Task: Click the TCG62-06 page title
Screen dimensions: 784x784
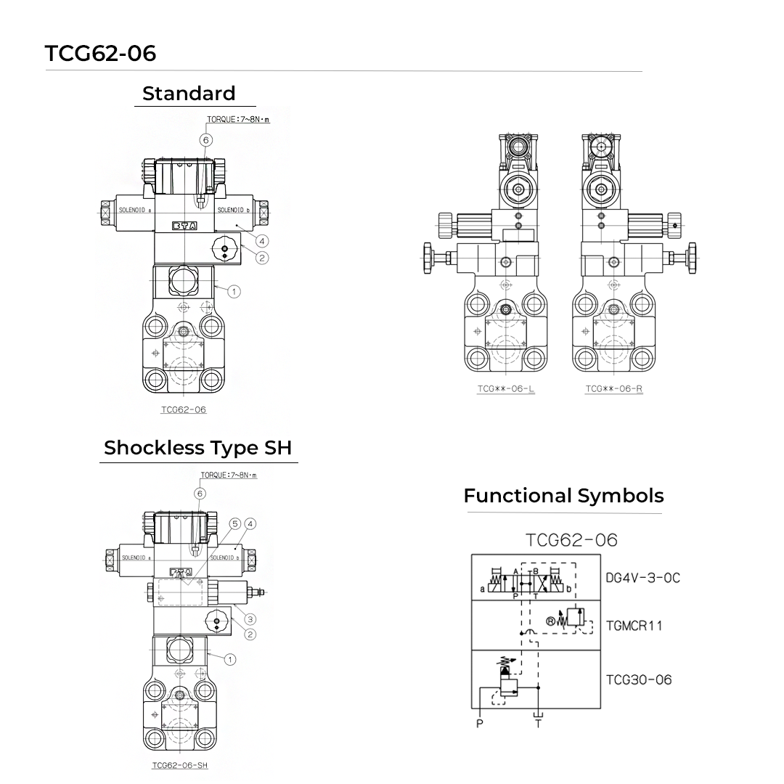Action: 100,53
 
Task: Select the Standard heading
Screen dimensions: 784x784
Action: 189,94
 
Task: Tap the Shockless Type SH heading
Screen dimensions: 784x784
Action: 198,448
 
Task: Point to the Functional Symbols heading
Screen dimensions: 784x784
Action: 563,496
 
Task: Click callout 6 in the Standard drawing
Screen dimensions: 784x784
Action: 206,139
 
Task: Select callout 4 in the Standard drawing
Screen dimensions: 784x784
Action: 262,240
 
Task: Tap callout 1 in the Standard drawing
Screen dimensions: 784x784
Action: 234,291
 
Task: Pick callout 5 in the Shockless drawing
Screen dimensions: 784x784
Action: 234,523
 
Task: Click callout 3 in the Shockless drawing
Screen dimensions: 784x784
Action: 250,619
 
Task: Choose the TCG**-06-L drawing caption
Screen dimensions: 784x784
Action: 506,389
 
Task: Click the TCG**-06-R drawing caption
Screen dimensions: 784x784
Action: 614,389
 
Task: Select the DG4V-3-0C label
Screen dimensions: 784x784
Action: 642,578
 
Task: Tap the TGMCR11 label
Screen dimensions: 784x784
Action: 634,625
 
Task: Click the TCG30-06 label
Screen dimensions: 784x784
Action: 639,679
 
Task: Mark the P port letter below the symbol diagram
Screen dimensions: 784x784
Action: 479,723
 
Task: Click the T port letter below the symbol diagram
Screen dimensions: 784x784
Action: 538,723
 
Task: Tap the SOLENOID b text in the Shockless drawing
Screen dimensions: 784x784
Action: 224,558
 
